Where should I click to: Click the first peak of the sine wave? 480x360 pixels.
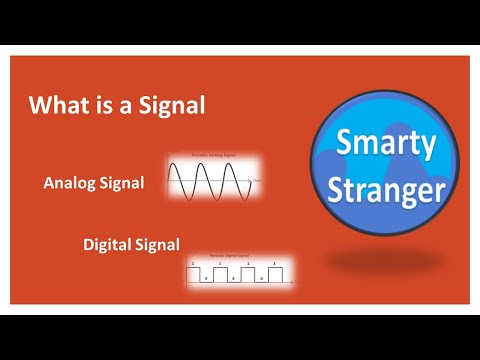click(181, 167)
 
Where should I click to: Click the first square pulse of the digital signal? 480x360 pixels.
click(195, 273)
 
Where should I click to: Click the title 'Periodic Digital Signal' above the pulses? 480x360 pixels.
click(240, 257)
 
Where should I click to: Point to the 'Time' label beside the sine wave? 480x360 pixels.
click(257, 181)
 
